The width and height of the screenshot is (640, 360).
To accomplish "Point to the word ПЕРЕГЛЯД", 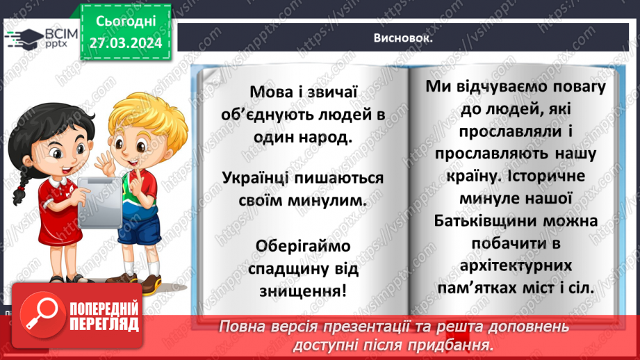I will [x=104, y=323].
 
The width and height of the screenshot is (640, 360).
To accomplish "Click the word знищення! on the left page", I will [x=304, y=288].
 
